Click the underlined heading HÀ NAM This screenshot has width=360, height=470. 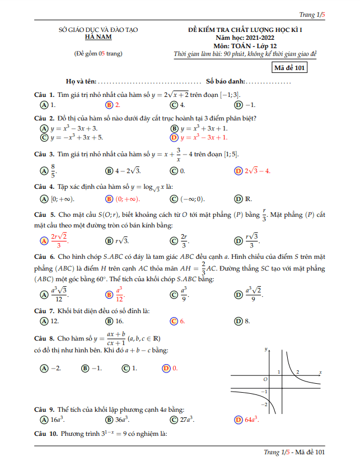pyautogui.click(x=98, y=37)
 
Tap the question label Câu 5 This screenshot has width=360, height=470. pyautogui.click(x=44, y=215)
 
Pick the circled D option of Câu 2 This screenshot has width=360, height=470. pyautogui.click(x=174, y=137)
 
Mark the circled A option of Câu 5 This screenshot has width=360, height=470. pyautogui.click(x=44, y=241)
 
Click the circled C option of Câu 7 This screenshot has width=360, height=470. pyautogui.click(x=174, y=321)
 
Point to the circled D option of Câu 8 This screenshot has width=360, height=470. pyautogui.click(x=166, y=368)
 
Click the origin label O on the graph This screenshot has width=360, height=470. pyautogui.click(x=265, y=379)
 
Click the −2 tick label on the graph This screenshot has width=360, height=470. pyautogui.click(x=265, y=403)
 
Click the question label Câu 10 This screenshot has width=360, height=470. pyautogui.click(x=45, y=434)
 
